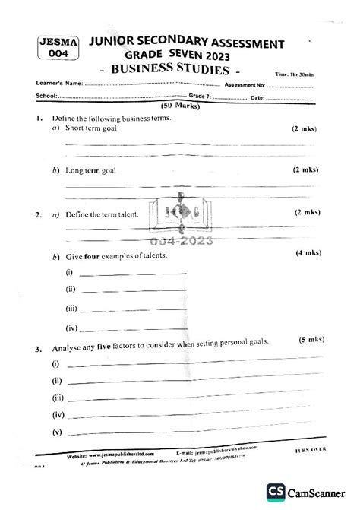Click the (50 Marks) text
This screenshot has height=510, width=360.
[180, 107]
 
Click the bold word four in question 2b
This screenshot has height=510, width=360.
[96, 258]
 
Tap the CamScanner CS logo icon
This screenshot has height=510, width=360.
[275, 494]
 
